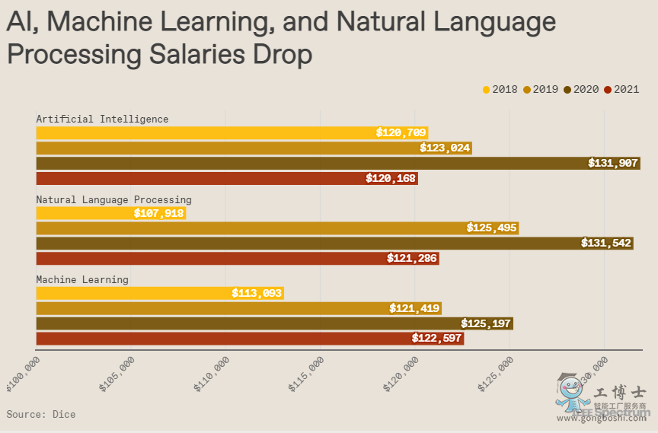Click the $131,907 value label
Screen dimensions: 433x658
(613, 163)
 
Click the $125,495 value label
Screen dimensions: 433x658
(491, 228)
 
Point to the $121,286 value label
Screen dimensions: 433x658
(412, 259)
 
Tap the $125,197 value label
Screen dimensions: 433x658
(486, 323)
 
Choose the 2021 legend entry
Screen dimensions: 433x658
(621, 90)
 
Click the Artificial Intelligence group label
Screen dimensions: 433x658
(103, 119)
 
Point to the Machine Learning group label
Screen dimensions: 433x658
(82, 279)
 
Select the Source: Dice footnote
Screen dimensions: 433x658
(41, 414)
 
